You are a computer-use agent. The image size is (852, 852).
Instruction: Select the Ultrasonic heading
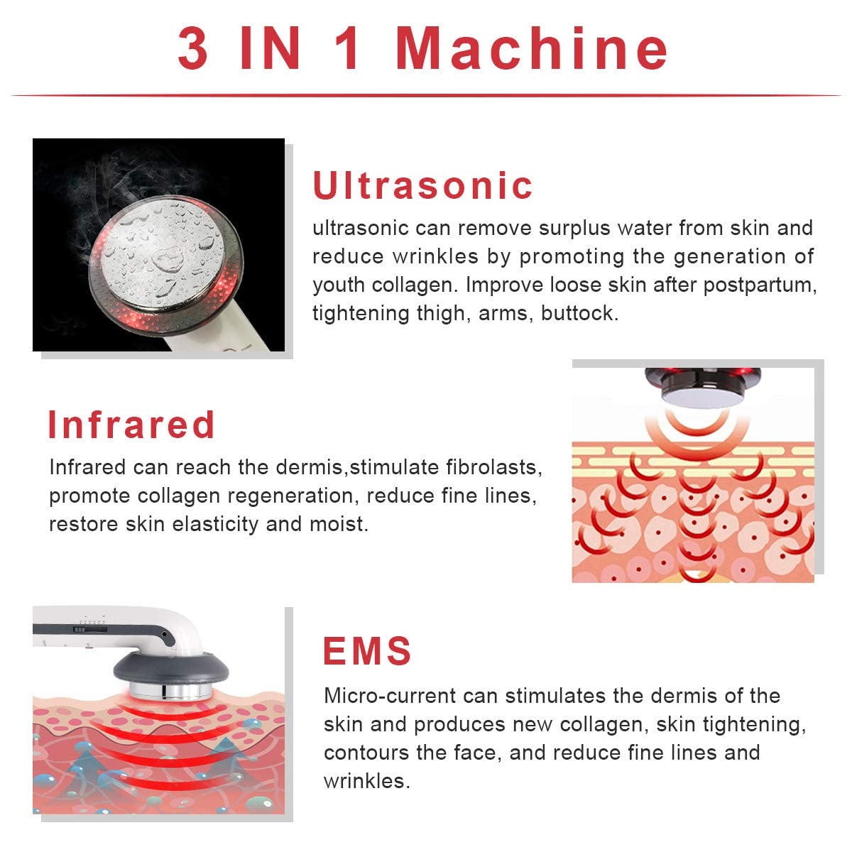pos(422,185)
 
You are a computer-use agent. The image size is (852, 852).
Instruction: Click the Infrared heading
pos(131,425)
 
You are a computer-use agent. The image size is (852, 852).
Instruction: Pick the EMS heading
pos(367,651)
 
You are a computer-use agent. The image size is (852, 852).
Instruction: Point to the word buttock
pos(579,313)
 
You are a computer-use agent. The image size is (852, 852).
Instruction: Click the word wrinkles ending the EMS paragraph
pos(366,781)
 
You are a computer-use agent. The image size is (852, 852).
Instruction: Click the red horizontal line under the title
pos(426,95)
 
